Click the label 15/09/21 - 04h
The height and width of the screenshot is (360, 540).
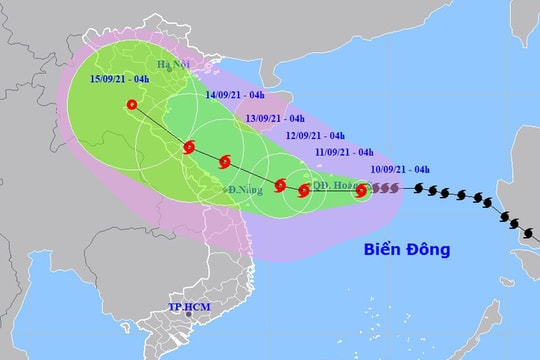tap(120, 78)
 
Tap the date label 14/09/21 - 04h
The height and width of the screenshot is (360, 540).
tap(235, 96)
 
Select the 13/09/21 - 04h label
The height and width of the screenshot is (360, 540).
tap(276, 117)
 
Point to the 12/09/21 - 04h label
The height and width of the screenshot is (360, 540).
tap(315, 136)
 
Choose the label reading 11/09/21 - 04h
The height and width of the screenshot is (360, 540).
tap(347, 152)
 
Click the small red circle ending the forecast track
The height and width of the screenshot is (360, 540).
tap(132, 104)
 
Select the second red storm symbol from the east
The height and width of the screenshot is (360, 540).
tap(304, 189)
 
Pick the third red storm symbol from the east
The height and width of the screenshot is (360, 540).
tap(281, 184)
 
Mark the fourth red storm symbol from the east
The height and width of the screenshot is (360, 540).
tap(226, 160)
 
